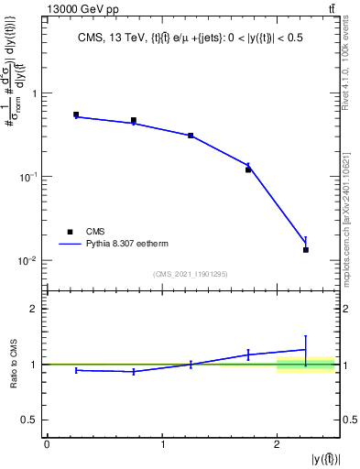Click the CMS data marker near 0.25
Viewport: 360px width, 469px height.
pyautogui.click(x=76, y=115)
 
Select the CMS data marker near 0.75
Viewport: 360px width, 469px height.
pyautogui.click(x=134, y=120)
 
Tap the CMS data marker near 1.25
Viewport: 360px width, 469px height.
pyautogui.click(x=191, y=136)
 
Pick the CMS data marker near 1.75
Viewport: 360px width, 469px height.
pyautogui.click(x=248, y=169)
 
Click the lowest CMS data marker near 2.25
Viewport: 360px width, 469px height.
pyautogui.click(x=306, y=249)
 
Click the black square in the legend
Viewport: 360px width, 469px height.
pyautogui.click(x=70, y=232)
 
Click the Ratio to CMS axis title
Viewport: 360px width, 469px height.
pyautogui.click(x=14, y=364)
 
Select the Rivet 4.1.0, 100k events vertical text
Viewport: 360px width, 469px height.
pyautogui.click(x=348, y=64)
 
